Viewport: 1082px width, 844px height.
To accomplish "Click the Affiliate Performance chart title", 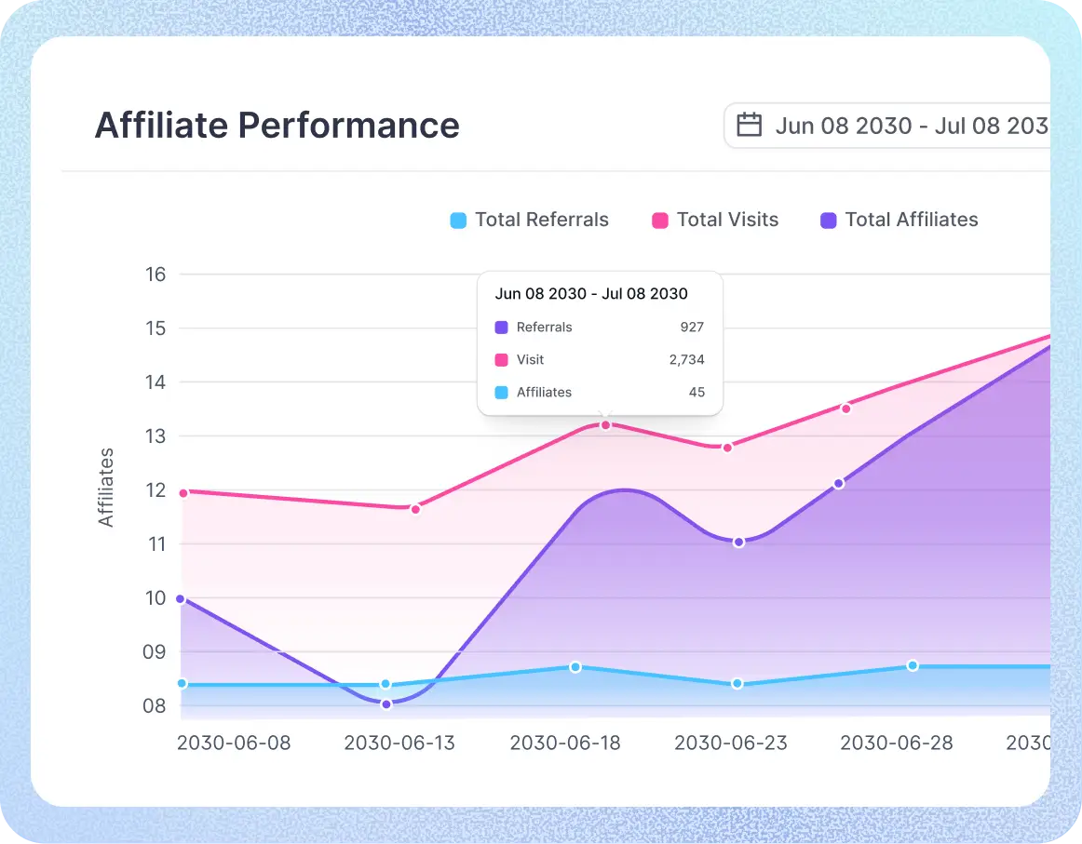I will [277, 125].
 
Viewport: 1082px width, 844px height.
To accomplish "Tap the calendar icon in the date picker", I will [750, 125].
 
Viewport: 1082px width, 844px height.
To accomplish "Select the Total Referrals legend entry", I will [529, 221].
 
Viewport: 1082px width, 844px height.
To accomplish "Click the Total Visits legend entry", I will [715, 221].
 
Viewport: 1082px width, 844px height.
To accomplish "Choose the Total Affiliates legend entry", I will [899, 221].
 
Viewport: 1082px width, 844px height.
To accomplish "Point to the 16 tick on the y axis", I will [156, 275].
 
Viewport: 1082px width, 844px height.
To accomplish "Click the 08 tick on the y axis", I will [156, 705].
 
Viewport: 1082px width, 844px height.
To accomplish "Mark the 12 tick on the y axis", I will [156, 490].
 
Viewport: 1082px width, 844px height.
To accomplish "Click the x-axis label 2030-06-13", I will [399, 744].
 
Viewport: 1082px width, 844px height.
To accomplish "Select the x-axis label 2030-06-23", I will [730, 744].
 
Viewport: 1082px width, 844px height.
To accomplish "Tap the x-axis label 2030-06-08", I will [234, 744].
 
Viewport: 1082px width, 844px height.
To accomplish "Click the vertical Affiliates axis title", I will [106, 488].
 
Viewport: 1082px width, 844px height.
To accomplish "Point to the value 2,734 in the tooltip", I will [686, 360].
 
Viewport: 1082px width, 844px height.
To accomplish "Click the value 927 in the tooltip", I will [692, 328].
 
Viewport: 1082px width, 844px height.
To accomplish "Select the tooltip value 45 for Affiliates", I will [697, 393].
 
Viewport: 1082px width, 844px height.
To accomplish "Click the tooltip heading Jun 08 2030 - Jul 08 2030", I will [591, 294].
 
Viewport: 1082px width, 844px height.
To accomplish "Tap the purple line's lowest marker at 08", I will [386, 704].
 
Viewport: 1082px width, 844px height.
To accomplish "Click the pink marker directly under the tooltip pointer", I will [605, 425].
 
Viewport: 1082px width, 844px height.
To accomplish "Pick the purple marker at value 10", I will [181, 599].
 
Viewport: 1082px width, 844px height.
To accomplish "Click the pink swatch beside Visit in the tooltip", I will [502, 360].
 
